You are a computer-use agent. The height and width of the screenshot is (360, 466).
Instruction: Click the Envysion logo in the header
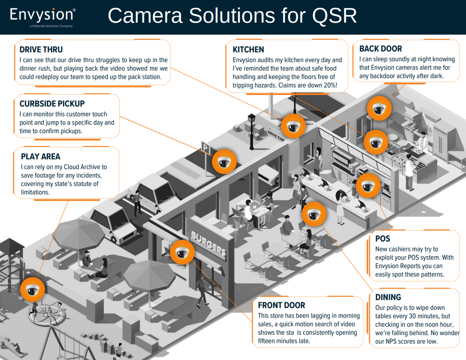[x=42, y=15]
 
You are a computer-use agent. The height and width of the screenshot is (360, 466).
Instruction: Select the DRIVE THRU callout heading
[x=41, y=50]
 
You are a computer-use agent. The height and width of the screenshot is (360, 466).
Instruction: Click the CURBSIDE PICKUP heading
[x=52, y=104]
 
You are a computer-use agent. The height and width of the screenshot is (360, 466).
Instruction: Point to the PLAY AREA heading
[x=40, y=157]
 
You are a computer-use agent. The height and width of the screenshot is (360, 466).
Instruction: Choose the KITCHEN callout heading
[x=248, y=50]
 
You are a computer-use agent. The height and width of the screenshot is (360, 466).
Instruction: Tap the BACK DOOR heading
[x=381, y=49]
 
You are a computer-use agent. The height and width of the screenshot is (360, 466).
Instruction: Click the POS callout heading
[x=383, y=239]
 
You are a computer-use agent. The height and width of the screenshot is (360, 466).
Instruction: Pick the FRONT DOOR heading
[x=281, y=305]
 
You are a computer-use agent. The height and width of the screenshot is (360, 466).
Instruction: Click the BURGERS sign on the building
[x=208, y=244]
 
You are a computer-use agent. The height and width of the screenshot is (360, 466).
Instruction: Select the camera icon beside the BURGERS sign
[x=182, y=252]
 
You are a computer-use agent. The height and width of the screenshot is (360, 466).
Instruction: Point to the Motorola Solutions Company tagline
[x=51, y=26]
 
